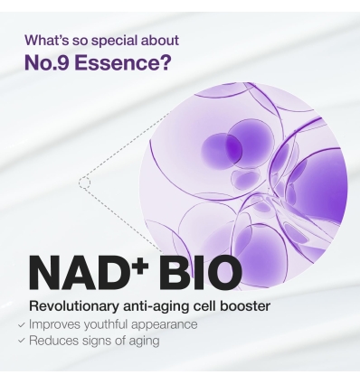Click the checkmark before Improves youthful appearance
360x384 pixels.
pos(21,323)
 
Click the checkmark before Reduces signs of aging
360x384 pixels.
pos(21,341)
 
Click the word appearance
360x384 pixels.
pos(166,323)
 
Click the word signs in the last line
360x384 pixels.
pos(100,341)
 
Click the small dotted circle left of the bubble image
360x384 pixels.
pos(84,183)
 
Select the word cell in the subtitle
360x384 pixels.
pos(203,306)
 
